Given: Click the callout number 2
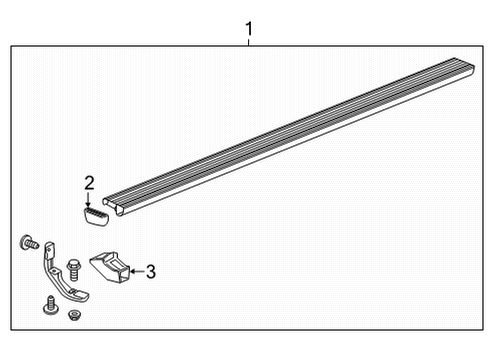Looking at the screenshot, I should [89, 182].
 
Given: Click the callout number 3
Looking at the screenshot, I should [150, 270].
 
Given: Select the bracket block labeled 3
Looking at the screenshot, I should [109, 269].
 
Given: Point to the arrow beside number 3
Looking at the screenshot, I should [136, 270].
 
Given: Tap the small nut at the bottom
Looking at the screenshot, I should [73, 315].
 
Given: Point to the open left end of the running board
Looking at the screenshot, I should [111, 203].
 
